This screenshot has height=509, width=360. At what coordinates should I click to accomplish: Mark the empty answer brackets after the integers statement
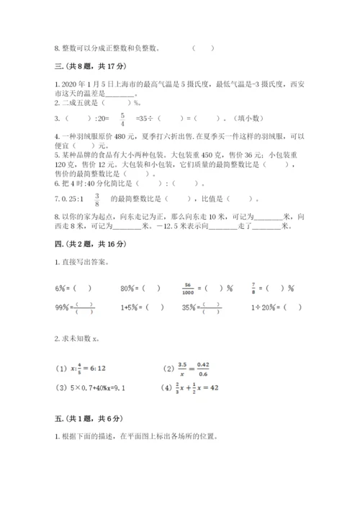pyautogui.click(x=203, y=49)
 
